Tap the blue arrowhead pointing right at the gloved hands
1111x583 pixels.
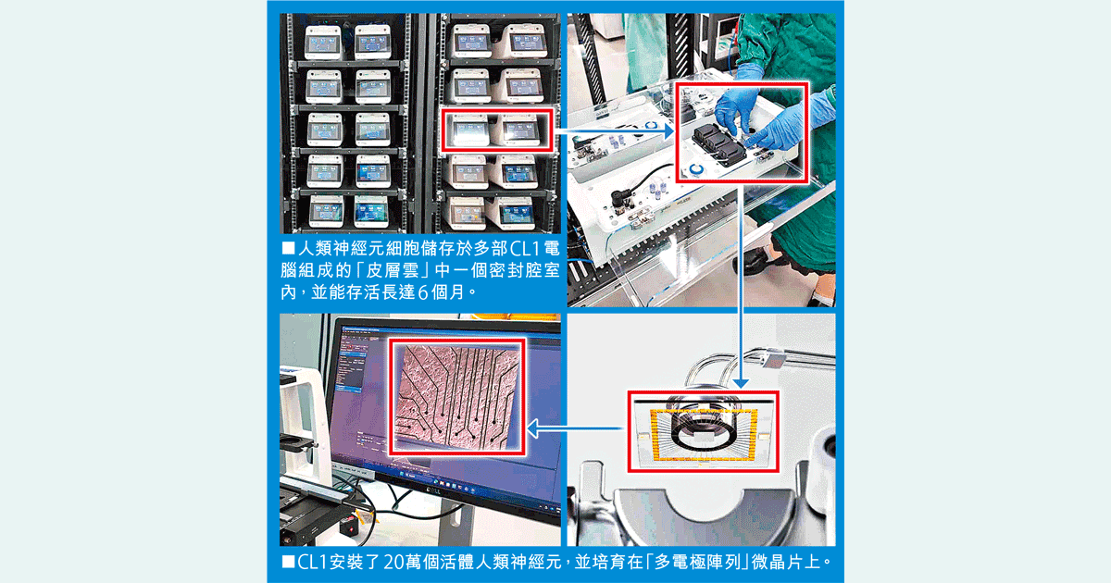click(669, 131)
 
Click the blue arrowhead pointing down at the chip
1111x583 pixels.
click(741, 384)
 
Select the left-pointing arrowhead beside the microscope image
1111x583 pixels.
click(532, 428)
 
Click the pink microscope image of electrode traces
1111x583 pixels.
click(456, 397)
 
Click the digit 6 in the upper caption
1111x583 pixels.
click(422, 293)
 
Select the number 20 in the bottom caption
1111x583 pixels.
click(394, 562)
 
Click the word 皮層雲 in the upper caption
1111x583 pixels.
click(393, 270)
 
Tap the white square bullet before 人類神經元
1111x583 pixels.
click(288, 247)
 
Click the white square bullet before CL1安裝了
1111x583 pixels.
click(288, 561)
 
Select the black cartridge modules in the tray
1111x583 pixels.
click(719, 143)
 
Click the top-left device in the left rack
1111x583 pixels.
click(324, 43)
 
